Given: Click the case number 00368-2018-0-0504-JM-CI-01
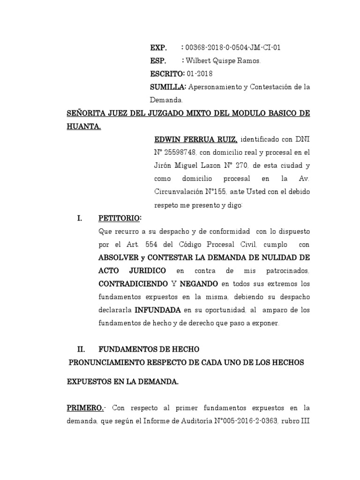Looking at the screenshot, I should tap(233, 48).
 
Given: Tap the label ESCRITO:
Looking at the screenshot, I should tap(168, 74).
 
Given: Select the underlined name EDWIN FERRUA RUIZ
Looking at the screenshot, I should tap(196, 139).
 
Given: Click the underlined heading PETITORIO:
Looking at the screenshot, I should tap(120, 218).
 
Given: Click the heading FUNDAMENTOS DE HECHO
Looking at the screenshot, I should tap(149, 349).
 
